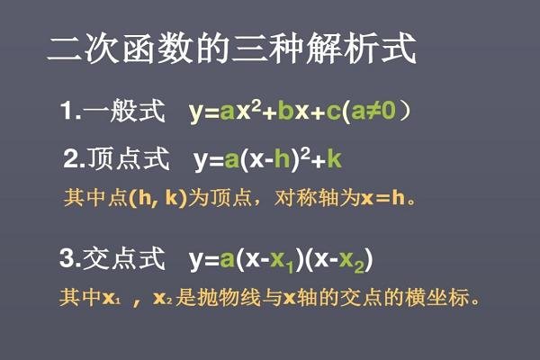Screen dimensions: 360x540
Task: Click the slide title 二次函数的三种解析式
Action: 231,49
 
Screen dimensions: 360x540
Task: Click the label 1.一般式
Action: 112,112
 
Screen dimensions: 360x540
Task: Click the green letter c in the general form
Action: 335,112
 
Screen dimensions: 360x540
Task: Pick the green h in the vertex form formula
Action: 282,161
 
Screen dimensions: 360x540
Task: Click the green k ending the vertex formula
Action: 334,161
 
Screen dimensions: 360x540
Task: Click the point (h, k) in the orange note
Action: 158,196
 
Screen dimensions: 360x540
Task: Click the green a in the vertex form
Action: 231,161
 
